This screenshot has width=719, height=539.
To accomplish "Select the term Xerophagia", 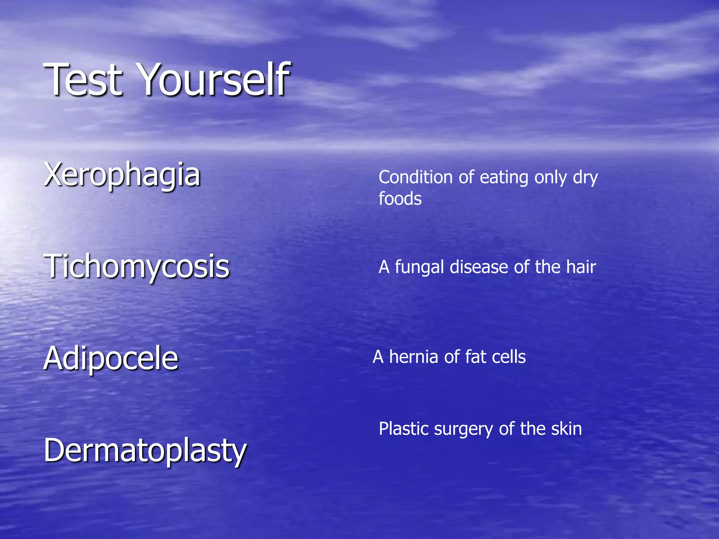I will click(x=122, y=174).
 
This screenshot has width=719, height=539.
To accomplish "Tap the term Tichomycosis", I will click(x=137, y=266).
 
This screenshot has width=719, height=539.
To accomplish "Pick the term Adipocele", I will click(x=111, y=358).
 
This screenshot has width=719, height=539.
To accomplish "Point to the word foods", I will click(x=400, y=199).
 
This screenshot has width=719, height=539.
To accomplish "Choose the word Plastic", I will click(x=404, y=429).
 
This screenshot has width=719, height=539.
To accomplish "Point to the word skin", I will click(x=566, y=429).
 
